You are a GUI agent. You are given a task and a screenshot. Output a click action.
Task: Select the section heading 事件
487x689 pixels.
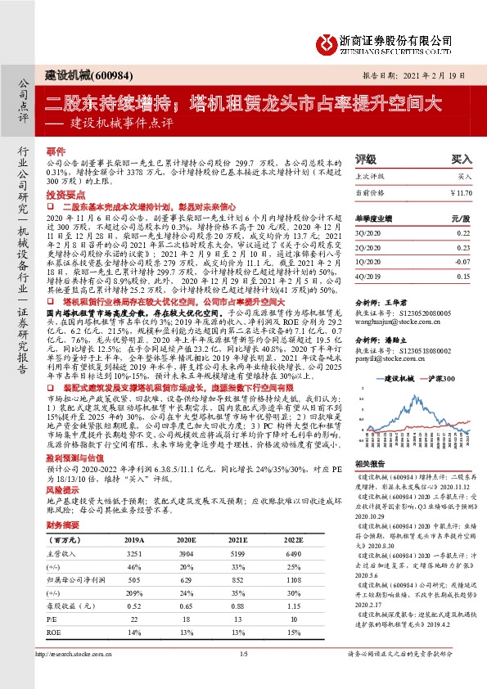[x=55, y=152]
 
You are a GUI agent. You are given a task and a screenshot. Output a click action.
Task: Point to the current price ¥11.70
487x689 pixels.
[x=461, y=192]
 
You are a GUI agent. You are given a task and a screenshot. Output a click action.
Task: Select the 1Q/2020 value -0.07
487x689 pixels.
[x=462, y=262]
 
